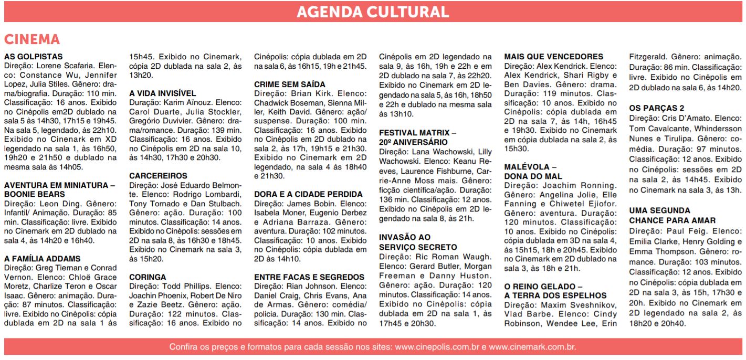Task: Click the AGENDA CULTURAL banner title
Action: pos(372,12)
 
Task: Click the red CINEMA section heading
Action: pos(32,40)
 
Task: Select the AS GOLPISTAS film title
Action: pos(33,57)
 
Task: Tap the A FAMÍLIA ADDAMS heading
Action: pos(42,259)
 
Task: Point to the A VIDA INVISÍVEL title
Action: pos(162,93)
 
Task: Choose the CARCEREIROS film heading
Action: pos(158,176)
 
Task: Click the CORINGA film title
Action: pos(148,277)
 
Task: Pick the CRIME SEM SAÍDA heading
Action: pos(289,84)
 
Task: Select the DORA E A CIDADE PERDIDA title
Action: pos(308,194)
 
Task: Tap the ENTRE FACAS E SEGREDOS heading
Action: pos(309,277)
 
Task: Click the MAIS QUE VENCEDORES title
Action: pos(553,57)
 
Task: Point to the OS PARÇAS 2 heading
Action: pos(656,108)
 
